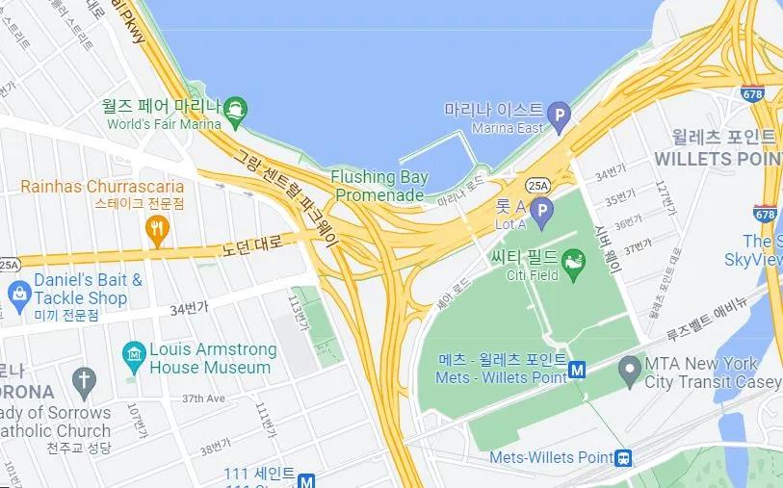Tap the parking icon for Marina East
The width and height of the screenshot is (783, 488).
coord(559,119)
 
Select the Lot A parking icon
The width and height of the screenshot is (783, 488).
coord(542,212)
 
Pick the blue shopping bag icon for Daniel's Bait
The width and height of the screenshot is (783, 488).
coord(18,292)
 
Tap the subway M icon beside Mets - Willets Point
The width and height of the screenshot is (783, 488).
coord(578,369)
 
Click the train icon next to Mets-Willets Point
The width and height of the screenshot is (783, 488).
coord(624,457)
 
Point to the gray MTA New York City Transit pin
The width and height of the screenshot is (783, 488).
coord(630,368)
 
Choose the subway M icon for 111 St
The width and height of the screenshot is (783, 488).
coord(307,480)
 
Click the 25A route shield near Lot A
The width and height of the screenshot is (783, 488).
coord(537,183)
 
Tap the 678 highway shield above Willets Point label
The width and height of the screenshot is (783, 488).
coord(753,94)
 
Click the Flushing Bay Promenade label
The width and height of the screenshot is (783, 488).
coord(378,186)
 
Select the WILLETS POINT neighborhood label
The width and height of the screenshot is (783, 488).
coord(715,157)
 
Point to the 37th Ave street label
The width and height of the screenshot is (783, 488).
coord(203,398)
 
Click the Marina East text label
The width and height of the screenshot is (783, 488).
coord(507,128)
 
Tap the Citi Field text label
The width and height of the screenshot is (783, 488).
coord(534,275)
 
